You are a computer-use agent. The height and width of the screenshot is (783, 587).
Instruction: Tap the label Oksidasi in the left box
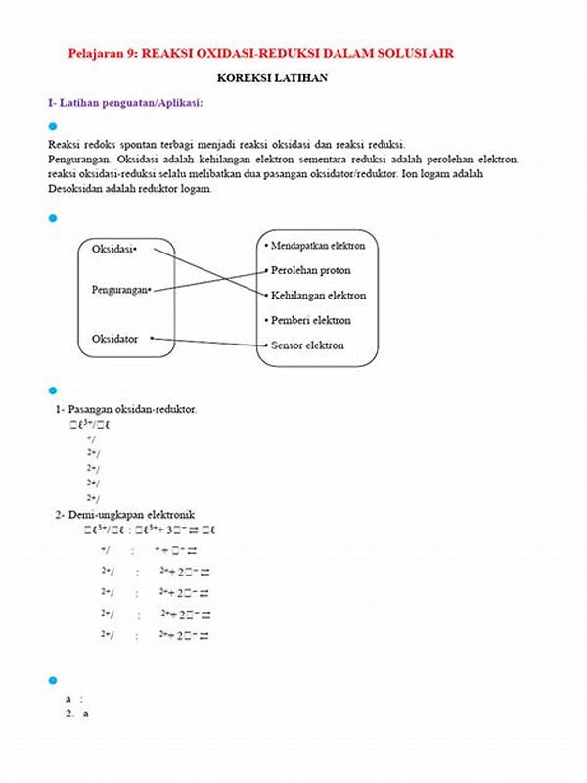tap(113, 249)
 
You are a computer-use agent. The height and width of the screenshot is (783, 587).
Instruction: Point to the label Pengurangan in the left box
tap(119, 291)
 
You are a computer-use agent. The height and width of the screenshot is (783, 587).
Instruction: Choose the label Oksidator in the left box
tap(114, 339)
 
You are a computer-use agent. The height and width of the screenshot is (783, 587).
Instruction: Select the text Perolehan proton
tap(310, 270)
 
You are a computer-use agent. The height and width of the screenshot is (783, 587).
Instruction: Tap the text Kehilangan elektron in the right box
tap(318, 295)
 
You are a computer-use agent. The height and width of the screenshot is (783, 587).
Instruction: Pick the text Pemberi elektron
tap(310, 320)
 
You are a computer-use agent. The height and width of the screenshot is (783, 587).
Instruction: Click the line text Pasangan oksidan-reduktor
tap(132, 409)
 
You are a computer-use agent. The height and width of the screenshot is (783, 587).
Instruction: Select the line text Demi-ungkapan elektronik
tap(132, 514)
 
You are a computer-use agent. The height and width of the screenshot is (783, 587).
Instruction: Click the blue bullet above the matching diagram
tap(53, 218)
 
